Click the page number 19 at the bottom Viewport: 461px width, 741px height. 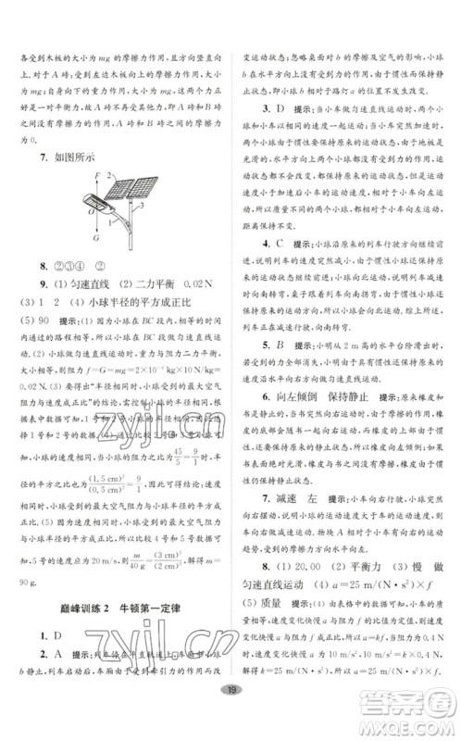coord(230,716)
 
